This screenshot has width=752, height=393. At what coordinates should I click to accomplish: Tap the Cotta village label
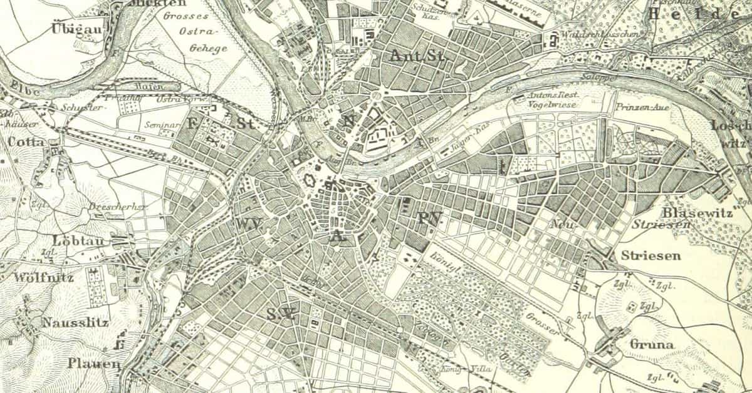coord(26,142)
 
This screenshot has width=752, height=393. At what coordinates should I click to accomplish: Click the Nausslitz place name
coord(76,324)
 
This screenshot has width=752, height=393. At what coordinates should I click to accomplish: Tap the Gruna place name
coord(652,344)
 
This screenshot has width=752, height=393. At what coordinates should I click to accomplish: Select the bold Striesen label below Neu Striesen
coord(651,256)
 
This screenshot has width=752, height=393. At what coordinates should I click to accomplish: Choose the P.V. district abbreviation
coord(429,218)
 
